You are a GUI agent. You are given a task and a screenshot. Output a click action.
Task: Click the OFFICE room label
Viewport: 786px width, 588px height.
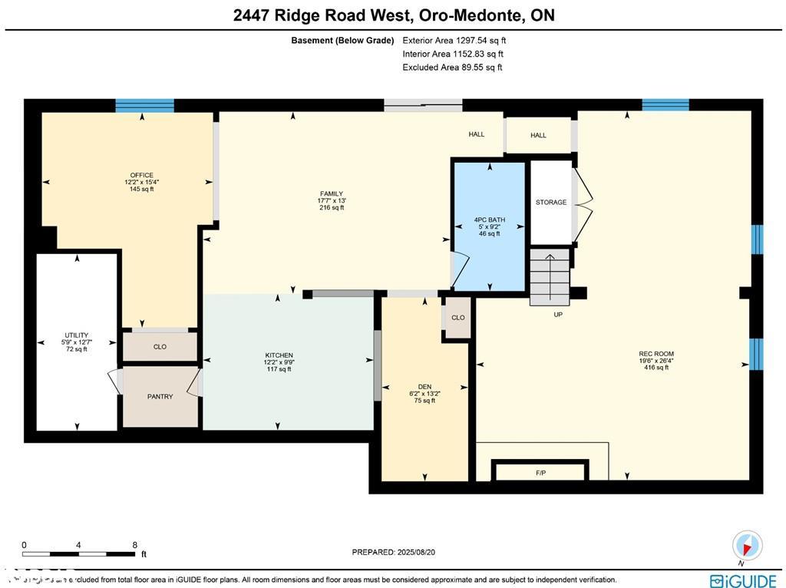141,176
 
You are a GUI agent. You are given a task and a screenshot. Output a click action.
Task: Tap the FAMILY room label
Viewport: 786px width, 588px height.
332,194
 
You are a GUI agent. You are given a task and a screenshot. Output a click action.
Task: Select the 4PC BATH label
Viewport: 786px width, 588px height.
489,220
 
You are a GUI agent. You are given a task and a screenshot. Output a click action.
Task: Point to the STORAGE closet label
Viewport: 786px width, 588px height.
551,203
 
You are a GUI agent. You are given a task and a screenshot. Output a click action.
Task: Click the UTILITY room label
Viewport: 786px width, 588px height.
76,335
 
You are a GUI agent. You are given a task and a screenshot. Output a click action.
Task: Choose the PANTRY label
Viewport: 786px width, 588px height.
160,397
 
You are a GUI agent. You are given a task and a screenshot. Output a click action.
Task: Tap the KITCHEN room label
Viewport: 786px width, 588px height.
279,355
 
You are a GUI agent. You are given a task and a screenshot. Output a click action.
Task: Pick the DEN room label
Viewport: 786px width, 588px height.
424,387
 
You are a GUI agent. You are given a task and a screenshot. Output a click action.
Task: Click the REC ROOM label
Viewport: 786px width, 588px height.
656,355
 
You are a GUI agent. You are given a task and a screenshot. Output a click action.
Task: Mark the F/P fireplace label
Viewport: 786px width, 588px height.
540,473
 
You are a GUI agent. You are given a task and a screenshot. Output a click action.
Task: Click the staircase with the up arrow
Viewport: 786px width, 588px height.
550,276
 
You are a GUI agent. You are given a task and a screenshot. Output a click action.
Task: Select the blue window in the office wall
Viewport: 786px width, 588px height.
144,106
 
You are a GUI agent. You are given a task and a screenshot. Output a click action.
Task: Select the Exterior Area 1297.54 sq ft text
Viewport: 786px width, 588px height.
454,41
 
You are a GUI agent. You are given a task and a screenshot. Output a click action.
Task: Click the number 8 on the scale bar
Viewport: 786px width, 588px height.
135,544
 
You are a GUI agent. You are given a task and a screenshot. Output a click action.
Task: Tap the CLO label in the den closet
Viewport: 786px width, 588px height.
457,318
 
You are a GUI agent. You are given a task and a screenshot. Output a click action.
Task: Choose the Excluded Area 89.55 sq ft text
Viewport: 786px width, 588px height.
452,68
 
